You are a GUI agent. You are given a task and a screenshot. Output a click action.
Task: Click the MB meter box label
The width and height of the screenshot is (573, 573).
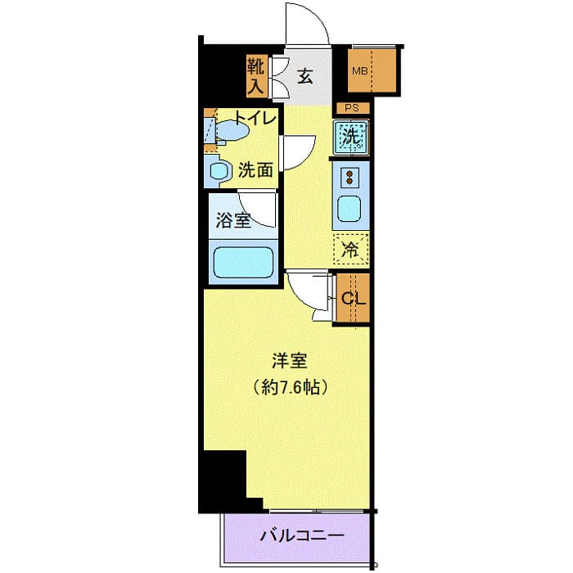click(x=360, y=71)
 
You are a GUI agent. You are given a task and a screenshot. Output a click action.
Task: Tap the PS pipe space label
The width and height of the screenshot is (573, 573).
click(x=352, y=108)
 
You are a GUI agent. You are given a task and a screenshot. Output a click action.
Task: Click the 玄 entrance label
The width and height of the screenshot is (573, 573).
click(x=305, y=77)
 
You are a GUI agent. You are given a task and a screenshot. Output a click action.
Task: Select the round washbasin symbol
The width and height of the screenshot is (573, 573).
click(x=219, y=171)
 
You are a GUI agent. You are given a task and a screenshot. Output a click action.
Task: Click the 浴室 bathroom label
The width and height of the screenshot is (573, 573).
click(x=233, y=219)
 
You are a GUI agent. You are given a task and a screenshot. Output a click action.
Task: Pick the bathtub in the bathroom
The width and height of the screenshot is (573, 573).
click(x=242, y=263)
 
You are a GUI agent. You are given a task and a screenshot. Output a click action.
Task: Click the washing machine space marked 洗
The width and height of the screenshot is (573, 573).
click(x=351, y=137)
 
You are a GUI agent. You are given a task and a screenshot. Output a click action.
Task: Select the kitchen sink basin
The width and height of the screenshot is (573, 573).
click(x=350, y=210)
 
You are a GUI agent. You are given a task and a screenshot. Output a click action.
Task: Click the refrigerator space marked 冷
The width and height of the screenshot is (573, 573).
click(x=350, y=250)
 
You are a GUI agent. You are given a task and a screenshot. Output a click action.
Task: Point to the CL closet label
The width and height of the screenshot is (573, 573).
click(x=353, y=298)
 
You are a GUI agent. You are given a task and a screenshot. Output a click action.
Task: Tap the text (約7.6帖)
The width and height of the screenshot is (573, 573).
click(x=291, y=386)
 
